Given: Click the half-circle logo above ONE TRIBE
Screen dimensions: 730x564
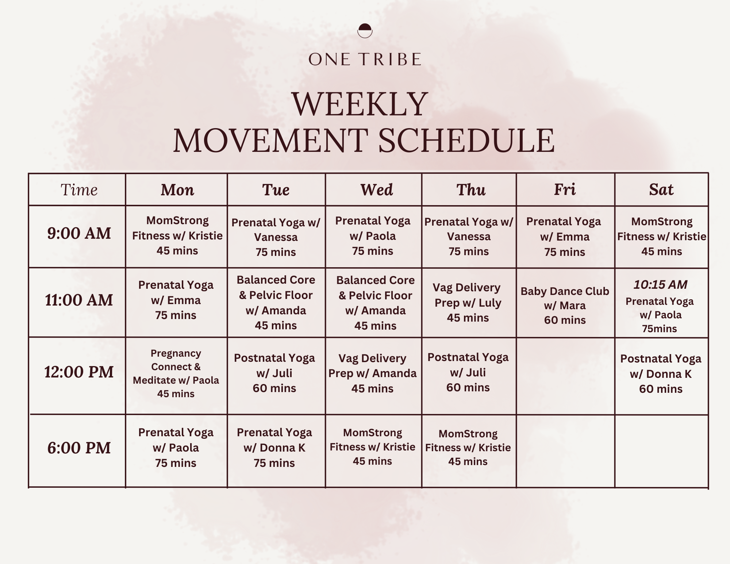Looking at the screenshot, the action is (x=365, y=31).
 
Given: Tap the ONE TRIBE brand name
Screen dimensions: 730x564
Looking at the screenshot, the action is (x=365, y=60).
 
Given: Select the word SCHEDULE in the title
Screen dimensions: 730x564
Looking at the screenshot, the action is (x=466, y=141).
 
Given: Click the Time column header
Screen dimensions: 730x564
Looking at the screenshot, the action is (x=79, y=189).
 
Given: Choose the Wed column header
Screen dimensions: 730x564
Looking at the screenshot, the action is (x=377, y=189).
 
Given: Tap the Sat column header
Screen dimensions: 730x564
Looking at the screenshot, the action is (x=661, y=189).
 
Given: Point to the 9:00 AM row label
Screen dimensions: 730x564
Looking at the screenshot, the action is (x=79, y=233).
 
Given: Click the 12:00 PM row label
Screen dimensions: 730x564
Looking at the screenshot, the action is (x=79, y=372).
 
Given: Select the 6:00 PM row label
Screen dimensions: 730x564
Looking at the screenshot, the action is (x=79, y=448).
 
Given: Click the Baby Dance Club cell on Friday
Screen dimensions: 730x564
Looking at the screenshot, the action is (x=565, y=306).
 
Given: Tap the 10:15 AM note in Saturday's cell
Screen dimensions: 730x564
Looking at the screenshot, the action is (x=660, y=284).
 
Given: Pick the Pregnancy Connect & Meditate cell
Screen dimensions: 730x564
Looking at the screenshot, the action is (x=176, y=373).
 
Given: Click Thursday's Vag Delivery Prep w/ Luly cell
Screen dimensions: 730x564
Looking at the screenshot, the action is (x=468, y=303).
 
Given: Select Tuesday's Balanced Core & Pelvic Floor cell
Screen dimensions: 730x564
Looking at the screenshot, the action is (x=276, y=303).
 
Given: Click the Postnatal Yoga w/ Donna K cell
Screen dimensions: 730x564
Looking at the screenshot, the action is (x=661, y=374).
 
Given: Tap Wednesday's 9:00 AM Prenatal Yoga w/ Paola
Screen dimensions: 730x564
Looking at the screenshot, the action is (x=373, y=236).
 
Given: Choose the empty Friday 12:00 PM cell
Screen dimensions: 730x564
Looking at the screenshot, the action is (x=565, y=376).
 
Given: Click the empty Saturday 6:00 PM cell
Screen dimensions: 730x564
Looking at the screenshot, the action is (x=661, y=451).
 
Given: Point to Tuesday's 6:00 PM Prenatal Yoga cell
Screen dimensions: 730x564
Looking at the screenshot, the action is (x=274, y=448).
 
